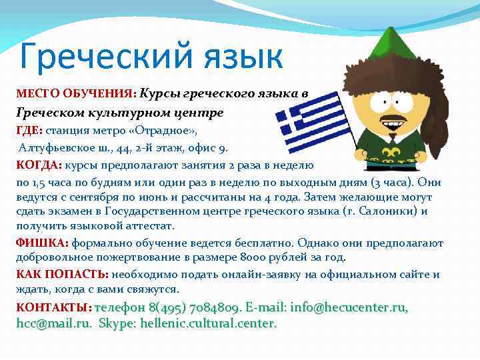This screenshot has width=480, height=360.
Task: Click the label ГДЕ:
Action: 29,130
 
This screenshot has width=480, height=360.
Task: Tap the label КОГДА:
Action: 38,165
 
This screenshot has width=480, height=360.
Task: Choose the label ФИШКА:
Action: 41,243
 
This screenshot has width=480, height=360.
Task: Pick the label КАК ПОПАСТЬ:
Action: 62,275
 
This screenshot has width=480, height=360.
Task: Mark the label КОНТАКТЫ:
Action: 53,307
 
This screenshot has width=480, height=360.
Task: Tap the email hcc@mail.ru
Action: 53,323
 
